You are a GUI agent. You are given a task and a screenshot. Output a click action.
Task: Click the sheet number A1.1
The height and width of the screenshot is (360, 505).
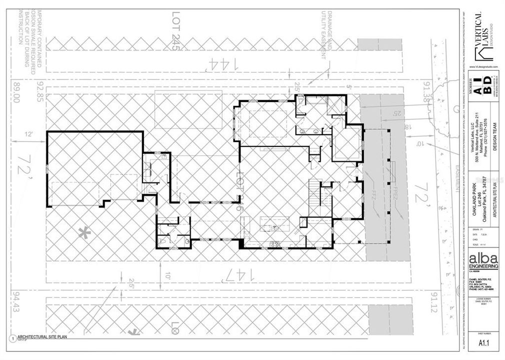tap(483, 343)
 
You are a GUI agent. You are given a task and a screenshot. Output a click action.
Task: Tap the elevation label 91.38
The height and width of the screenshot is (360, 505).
tap(426, 93)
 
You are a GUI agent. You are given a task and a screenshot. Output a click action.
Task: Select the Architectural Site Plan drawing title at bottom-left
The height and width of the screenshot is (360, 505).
tap(42, 336)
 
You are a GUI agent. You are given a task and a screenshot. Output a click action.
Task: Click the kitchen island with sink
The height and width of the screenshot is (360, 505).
tap(274, 225)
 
